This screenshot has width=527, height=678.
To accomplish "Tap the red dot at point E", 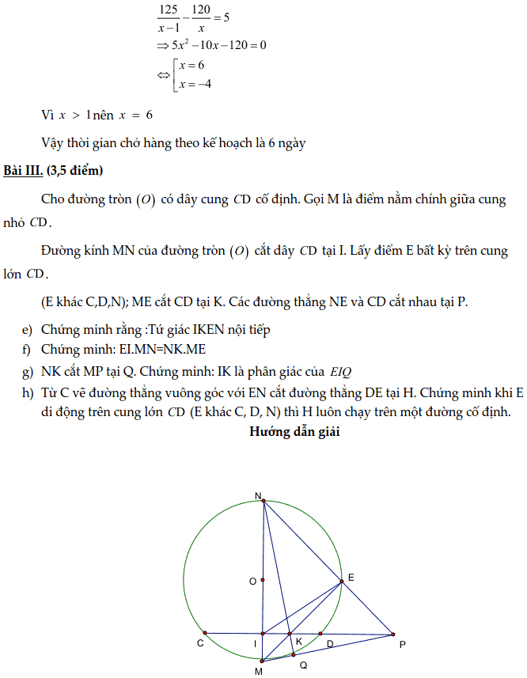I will point(342,581).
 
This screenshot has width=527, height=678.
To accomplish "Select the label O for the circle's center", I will point(252,581).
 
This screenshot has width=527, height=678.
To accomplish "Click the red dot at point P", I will point(392,634).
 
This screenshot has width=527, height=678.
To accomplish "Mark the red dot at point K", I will point(290,634).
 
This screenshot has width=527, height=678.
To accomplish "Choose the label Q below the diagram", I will point(302,665).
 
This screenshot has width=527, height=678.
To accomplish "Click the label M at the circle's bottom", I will point(259,671).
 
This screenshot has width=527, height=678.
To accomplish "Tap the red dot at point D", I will point(320,634).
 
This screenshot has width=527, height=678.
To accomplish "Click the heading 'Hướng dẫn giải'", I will point(295,431).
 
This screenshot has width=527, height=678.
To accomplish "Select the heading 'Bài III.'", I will point(22,171).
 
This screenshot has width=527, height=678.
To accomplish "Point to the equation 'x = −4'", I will point(195,85).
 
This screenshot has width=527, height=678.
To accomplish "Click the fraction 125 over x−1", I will point(167,17).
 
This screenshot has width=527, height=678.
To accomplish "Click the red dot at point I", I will point(263,634).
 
